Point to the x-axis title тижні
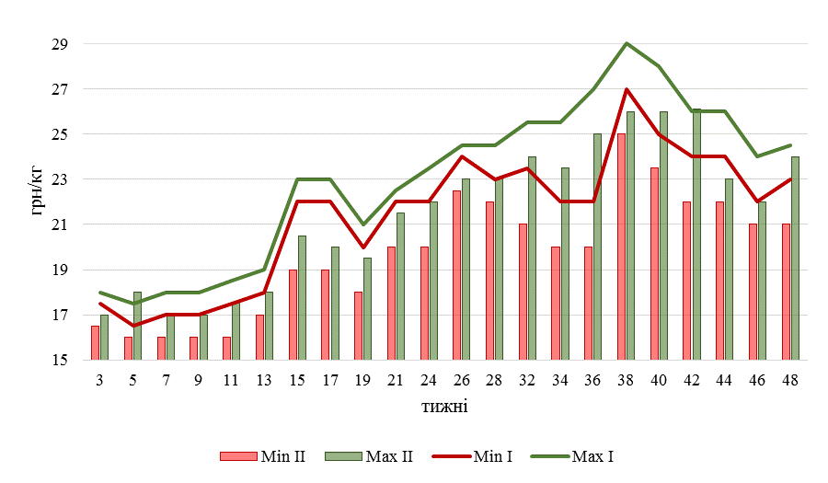pos(444,405)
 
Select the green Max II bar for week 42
pos(696,235)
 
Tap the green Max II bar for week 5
pos(137,327)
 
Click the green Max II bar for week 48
pos(795,259)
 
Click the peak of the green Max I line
pos(626,43)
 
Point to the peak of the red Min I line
pos(626,89)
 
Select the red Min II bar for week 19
pos(358,327)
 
